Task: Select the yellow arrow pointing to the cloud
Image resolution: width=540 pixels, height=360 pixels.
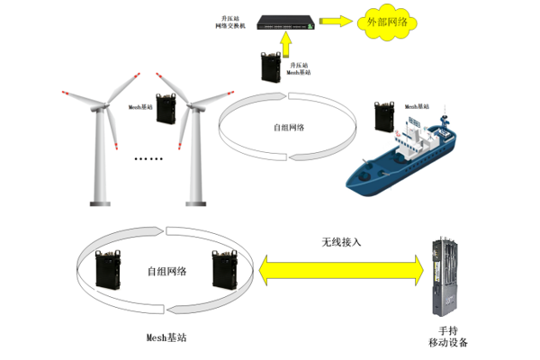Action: (336, 20)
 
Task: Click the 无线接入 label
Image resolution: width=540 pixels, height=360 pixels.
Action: (341, 243)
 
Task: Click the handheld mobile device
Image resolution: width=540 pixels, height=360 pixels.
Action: (446, 274)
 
